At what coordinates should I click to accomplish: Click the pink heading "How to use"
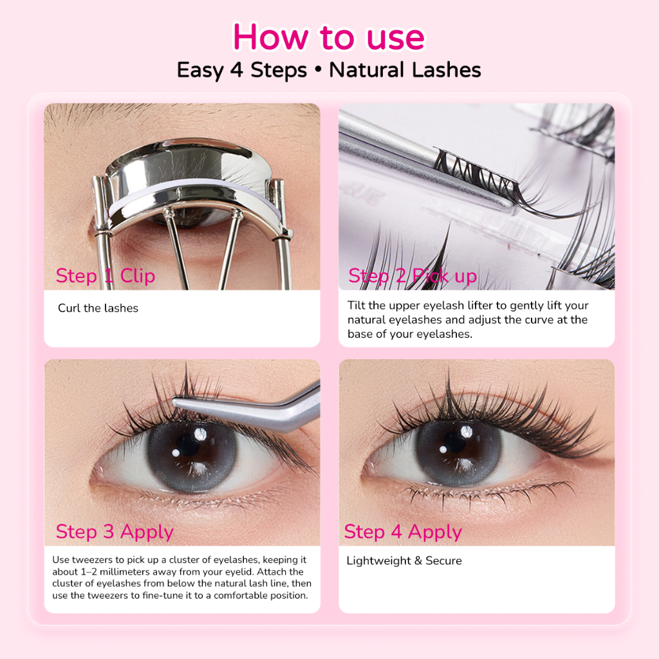pos(329,37)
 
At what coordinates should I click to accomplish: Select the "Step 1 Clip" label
pos(106,276)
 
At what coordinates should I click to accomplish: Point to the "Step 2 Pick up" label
pos(413,276)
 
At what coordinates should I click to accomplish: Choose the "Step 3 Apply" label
pos(115,532)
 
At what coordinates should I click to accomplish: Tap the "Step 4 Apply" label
pos(403,532)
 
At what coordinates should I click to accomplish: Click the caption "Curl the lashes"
pos(98,308)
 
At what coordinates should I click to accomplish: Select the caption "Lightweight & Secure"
pos(404,561)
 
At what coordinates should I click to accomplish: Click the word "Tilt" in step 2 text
pos(357,305)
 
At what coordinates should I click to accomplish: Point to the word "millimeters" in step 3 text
pos(125,571)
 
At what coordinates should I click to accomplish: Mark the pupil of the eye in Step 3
pos(188,445)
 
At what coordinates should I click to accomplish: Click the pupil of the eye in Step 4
pos(455,442)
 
